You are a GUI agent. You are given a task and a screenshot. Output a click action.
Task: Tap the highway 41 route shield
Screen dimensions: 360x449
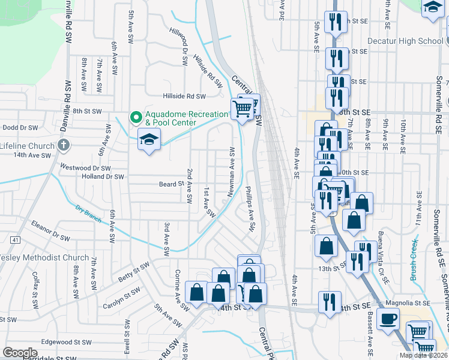click(x=14, y=240)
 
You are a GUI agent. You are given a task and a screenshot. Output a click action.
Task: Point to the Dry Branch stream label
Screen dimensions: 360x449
click(x=88, y=215)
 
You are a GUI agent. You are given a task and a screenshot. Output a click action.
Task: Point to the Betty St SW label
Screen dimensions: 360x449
click(x=133, y=272)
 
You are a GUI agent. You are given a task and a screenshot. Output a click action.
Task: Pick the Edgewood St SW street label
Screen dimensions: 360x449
click(x=66, y=341)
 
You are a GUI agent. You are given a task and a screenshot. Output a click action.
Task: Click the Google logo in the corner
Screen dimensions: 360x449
click(x=20, y=353)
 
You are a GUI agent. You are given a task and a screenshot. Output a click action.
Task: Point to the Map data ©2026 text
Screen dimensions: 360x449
click(x=424, y=355)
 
